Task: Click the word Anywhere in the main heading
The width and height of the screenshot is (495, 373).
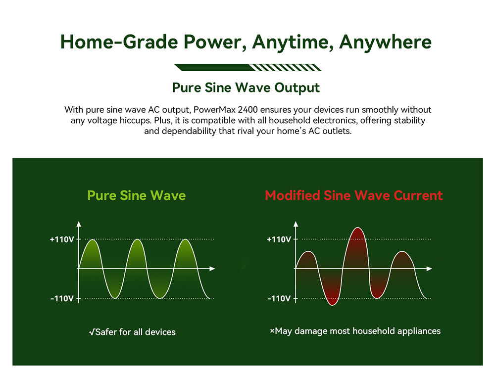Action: (385, 42)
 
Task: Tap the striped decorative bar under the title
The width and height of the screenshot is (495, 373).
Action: (247, 68)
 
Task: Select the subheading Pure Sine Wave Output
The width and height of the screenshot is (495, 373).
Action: (246, 88)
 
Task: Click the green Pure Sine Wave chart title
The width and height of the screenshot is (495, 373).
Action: (136, 195)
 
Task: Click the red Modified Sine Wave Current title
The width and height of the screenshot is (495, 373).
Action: (354, 195)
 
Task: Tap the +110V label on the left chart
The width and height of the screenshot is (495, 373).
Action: (62, 239)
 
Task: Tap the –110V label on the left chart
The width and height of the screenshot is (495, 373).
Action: (62, 299)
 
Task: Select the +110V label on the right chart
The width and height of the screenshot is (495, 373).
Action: (279, 239)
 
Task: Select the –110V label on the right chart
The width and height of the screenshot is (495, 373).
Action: (279, 299)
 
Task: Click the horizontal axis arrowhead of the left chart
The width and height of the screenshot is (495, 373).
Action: (212, 269)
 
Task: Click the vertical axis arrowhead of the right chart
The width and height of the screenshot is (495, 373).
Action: (296, 224)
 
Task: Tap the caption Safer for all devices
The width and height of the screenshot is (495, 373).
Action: (132, 332)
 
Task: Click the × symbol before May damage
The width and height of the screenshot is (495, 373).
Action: (272, 331)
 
